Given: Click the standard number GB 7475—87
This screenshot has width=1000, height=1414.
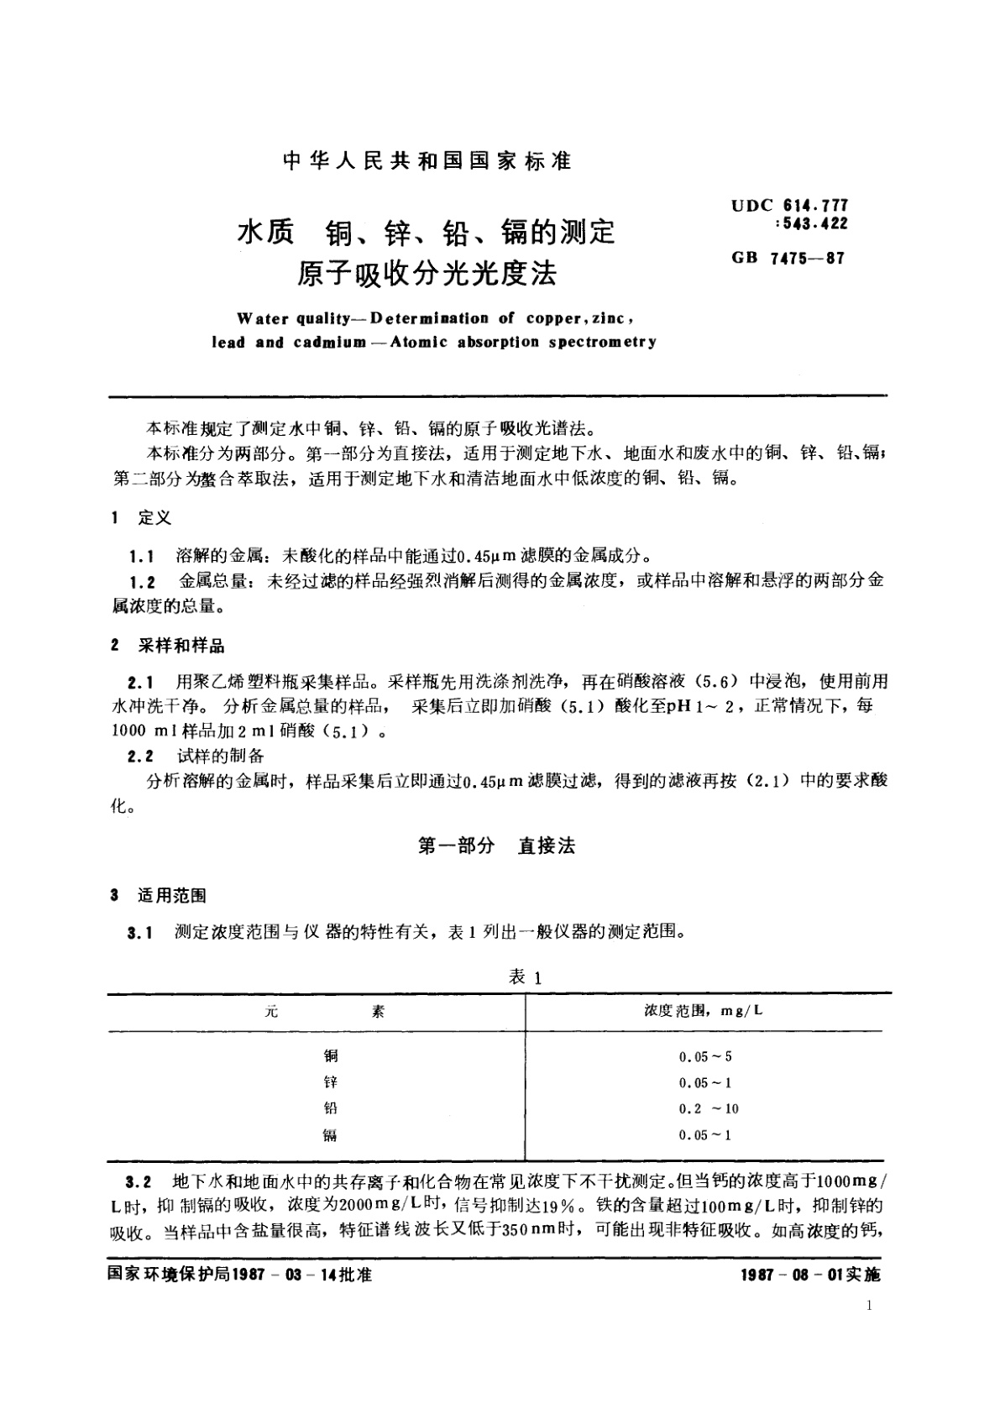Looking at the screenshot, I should [x=788, y=258].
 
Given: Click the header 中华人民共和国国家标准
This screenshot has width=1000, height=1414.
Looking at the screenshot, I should [x=427, y=161].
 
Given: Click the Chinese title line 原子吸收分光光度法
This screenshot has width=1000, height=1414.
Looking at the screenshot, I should [x=427, y=274].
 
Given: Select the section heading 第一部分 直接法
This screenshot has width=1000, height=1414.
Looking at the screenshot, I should [x=496, y=846].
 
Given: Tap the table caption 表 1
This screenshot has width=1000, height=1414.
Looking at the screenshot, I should [x=526, y=977].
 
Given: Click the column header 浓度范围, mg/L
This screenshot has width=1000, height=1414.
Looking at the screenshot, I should [x=704, y=1010].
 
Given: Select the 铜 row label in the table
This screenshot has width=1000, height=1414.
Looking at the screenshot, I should [x=330, y=1056].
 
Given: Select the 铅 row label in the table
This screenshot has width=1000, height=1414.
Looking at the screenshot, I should [x=330, y=1108].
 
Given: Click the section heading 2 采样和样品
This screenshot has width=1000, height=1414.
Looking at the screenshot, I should [x=168, y=647].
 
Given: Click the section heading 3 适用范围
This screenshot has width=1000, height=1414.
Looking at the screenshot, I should [x=159, y=896].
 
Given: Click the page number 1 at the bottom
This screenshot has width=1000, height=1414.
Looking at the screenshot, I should [x=868, y=1306].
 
